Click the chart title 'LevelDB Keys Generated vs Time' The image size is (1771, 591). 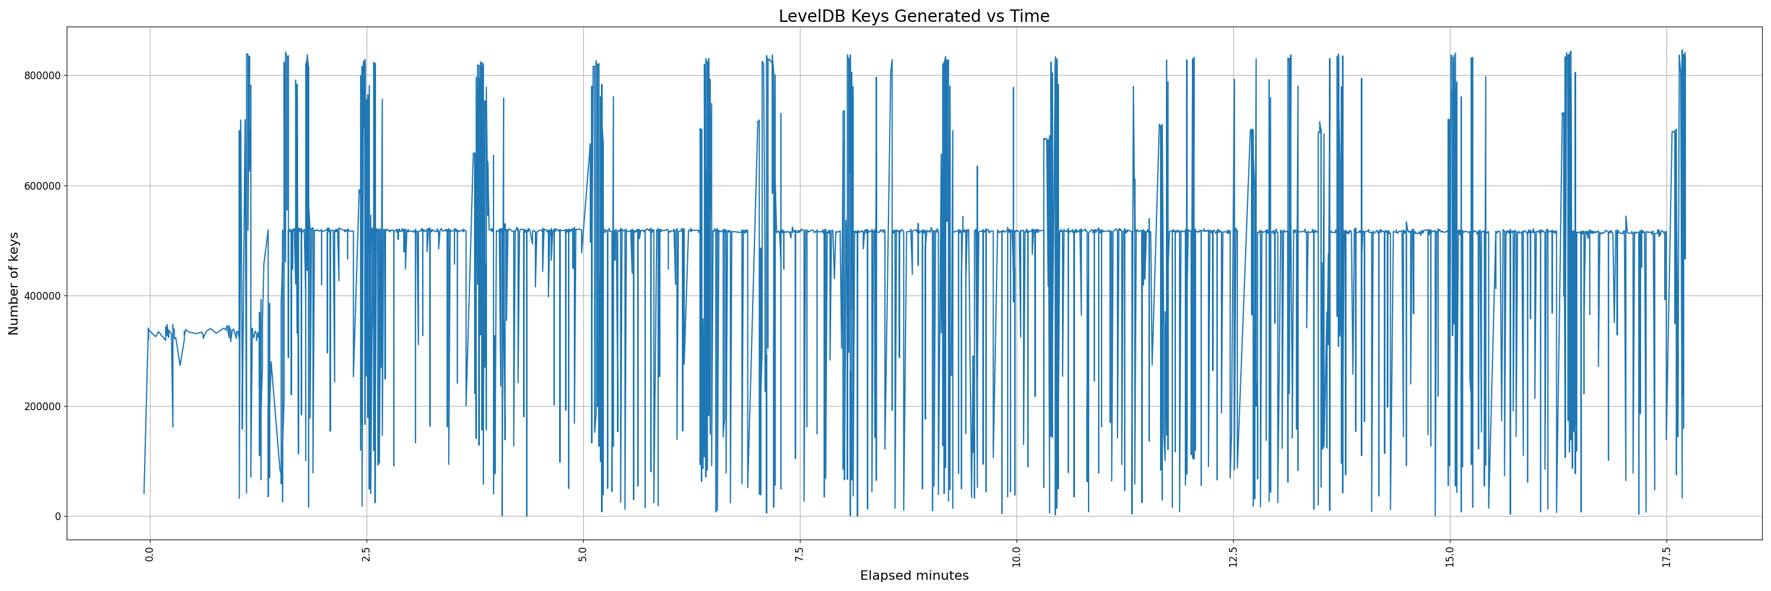tap(914, 17)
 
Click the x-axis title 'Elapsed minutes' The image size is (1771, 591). tap(914, 576)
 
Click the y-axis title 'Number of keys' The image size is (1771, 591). tap(14, 284)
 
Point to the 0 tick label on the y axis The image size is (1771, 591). tap(58, 517)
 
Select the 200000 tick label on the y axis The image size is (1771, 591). tap(43, 407)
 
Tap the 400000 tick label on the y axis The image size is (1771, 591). tap(43, 297)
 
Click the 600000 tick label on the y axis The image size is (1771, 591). tap(43, 186)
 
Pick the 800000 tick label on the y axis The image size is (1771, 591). tap(43, 76)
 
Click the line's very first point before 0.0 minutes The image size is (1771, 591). tap(143, 493)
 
